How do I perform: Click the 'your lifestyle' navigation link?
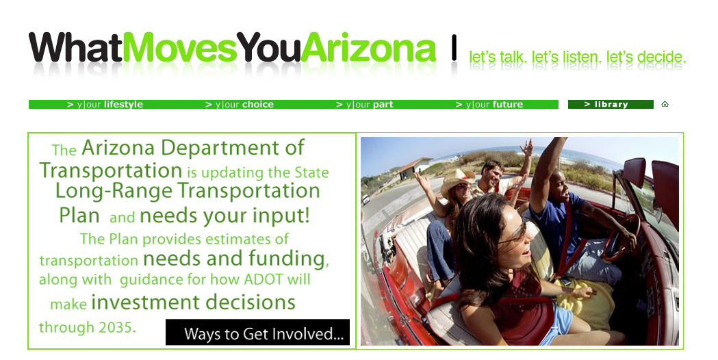click(105, 105)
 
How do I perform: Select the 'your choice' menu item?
click(240, 105)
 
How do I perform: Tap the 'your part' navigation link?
click(365, 105)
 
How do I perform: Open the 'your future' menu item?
click(489, 105)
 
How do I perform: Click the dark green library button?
click(611, 105)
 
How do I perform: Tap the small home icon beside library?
click(665, 104)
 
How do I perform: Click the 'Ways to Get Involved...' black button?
click(257, 332)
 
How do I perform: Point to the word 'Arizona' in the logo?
click(369, 48)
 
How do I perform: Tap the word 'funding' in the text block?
click(288, 259)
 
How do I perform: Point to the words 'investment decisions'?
click(193, 303)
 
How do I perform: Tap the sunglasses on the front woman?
click(515, 233)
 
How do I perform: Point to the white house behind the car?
click(415, 167)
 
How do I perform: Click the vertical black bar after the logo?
click(454, 48)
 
